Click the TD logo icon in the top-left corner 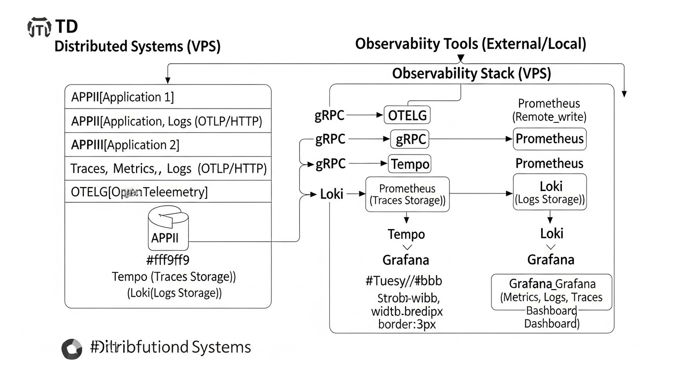38,28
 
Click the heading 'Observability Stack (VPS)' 471,74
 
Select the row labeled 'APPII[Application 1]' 168,97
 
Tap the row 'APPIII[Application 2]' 168,145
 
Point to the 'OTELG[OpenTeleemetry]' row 168,191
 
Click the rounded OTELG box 407,115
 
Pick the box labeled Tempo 410,163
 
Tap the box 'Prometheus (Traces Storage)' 407,194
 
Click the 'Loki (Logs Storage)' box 550,192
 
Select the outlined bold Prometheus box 550,139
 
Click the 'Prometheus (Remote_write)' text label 549,110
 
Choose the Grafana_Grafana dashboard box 552,292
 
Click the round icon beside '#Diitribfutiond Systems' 72,349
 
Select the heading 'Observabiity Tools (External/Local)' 471,44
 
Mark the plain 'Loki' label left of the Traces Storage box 332,194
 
